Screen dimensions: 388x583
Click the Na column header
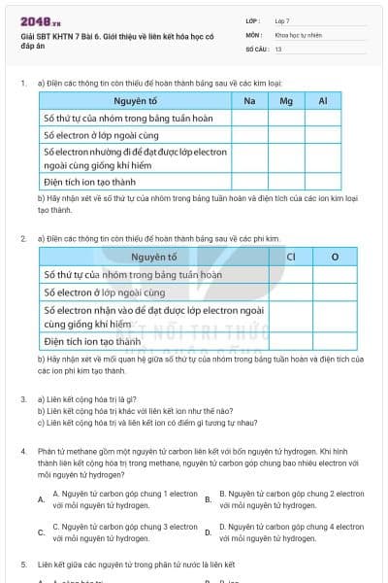[x=250, y=101]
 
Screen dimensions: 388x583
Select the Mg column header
[x=286, y=101]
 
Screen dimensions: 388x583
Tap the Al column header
[x=323, y=101]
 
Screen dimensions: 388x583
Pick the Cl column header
[x=291, y=257]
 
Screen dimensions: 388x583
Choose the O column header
[x=335, y=257]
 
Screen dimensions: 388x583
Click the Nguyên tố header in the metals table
[x=135, y=101]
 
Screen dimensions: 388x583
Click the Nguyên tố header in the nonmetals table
[x=153, y=257]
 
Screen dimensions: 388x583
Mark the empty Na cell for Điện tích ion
[x=250, y=182]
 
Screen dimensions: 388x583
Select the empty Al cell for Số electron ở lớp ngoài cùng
[x=323, y=135]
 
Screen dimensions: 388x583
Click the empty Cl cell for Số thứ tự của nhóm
[x=291, y=275]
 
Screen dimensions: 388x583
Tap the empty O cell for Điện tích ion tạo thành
[x=335, y=341]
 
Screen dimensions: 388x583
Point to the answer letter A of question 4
[x=41, y=499]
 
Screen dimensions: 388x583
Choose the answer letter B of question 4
[x=208, y=499]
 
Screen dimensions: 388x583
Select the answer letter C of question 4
[x=41, y=532]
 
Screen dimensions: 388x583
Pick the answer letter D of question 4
[x=208, y=532]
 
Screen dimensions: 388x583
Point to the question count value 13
[x=278, y=48]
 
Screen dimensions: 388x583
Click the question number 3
[x=23, y=399]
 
